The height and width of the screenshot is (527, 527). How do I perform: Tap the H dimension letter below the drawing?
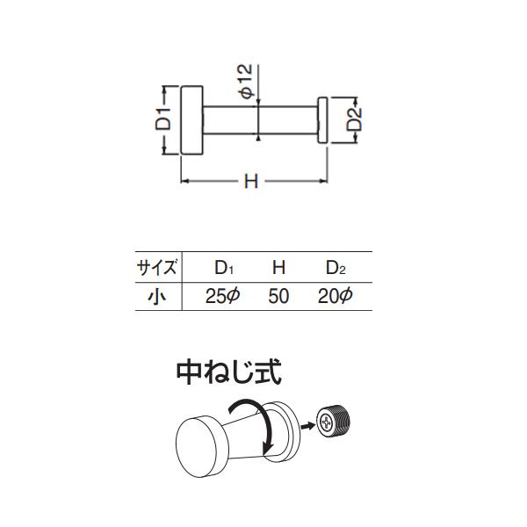click(x=250, y=182)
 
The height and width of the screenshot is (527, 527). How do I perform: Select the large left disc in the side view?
click(x=191, y=120)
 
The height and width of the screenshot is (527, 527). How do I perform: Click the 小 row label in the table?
click(x=156, y=296)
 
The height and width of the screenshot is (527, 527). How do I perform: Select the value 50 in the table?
click(x=278, y=296)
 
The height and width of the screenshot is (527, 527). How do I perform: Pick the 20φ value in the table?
click(x=335, y=296)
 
